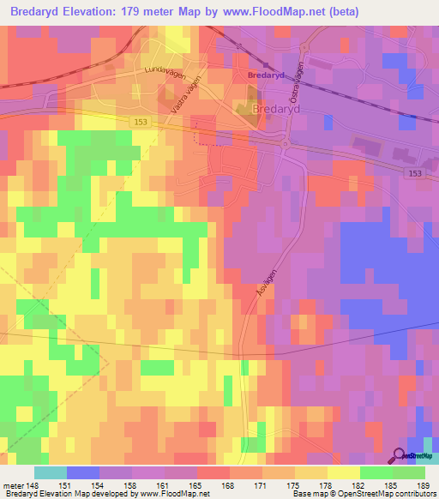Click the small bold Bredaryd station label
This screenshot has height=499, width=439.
pos(263,75)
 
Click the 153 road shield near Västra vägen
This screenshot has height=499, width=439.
pos(140,123)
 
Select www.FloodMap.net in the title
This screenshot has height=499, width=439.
pos(267,13)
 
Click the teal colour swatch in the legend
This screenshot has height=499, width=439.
pos(50,472)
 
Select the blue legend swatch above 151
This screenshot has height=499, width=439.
pos(82,472)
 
